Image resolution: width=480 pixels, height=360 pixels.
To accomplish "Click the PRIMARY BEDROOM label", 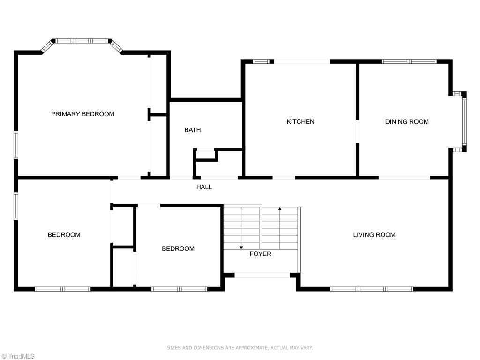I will point(82,114).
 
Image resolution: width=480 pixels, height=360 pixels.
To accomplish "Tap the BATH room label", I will point(192,130).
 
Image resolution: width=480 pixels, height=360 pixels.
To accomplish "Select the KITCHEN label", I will point(300,121).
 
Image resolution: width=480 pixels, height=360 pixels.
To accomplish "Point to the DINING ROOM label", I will point(407,121).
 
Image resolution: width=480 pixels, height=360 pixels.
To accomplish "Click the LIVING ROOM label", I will point(374,234).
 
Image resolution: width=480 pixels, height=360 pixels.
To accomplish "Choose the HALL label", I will point(204,187).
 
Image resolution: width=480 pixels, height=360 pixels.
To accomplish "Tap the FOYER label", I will point(260,254).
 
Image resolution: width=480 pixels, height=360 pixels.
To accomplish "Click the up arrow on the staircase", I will point(280,209).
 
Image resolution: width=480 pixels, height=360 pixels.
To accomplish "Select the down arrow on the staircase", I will point(241,247).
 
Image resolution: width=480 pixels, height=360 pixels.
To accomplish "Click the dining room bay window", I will point(464,121).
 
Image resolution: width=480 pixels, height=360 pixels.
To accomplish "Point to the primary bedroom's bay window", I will point(82,41).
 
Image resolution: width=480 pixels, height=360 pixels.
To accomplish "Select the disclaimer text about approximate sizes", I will point(240,348).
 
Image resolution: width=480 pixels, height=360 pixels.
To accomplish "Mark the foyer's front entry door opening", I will point(262,275).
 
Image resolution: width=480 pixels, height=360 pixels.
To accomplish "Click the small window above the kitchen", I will point(262,61).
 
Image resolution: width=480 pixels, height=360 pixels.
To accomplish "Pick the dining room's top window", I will point(409,61).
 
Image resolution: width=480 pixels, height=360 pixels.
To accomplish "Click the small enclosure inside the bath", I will point(206,155).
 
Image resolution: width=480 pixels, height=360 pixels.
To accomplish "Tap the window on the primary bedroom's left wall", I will point(15,145).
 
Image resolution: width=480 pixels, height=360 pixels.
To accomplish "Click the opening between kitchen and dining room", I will point(357,132).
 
